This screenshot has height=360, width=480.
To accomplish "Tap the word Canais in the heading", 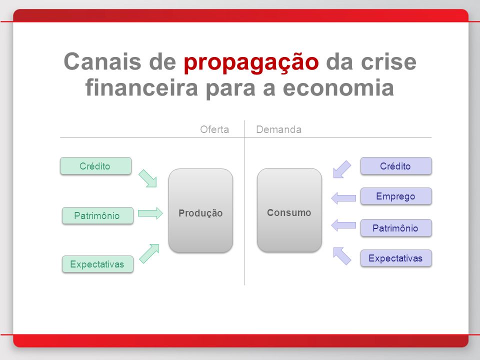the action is [103, 61].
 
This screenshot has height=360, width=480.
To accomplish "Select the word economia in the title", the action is [338, 87].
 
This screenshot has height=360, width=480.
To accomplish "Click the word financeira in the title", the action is [141, 87].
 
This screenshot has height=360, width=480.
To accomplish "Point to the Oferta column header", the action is [214, 129].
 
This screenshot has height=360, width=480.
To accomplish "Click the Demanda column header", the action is [278, 129].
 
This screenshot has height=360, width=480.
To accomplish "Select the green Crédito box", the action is [96, 166].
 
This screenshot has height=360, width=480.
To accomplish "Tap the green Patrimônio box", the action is [97, 215].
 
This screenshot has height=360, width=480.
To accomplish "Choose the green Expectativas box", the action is [97, 264].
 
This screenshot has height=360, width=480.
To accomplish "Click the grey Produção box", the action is [200, 210].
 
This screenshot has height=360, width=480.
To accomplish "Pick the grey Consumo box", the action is [289, 210].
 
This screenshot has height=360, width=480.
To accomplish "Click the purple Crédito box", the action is [396, 166].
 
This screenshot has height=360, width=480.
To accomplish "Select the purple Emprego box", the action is [396, 196].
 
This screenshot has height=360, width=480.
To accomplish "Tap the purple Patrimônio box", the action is [396, 228].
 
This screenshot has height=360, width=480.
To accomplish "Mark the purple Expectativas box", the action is [396, 258].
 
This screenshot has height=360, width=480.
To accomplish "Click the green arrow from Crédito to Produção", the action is [148, 178].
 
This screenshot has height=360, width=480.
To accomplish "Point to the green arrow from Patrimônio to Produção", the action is [150, 213].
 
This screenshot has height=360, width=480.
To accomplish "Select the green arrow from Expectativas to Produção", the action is [149, 253].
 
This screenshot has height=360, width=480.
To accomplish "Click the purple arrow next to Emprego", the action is [343, 198].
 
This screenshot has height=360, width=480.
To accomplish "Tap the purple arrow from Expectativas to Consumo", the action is [342, 256].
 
